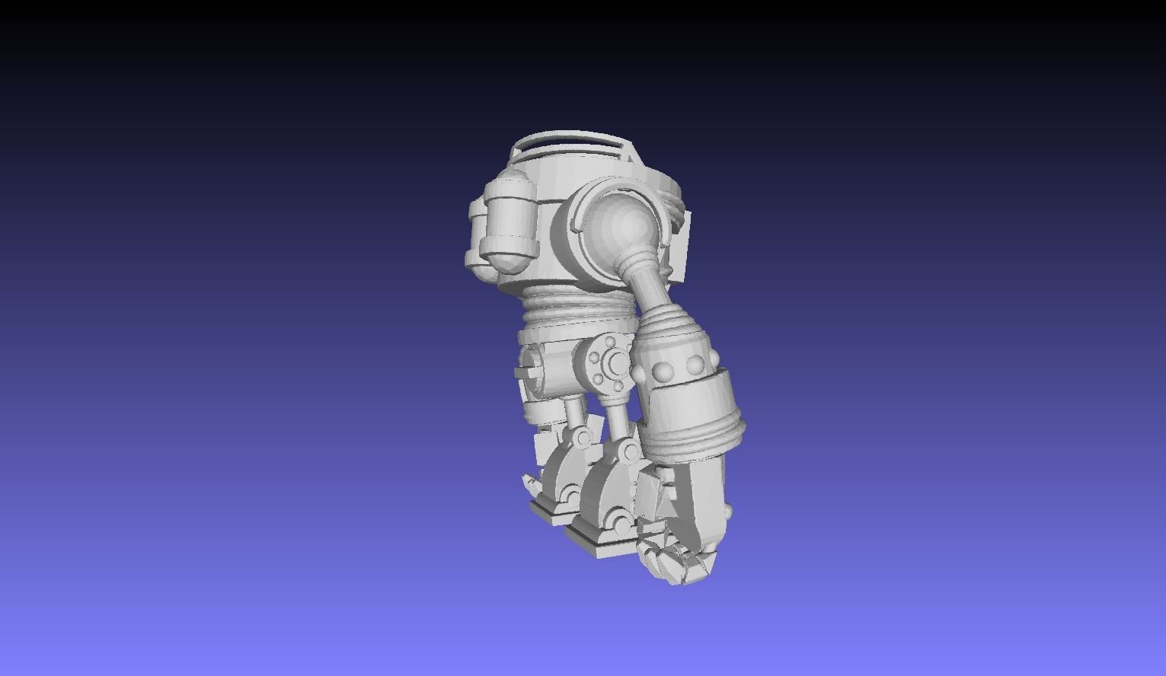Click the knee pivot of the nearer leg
628,452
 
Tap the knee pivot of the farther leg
581,437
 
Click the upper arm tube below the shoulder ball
647,285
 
